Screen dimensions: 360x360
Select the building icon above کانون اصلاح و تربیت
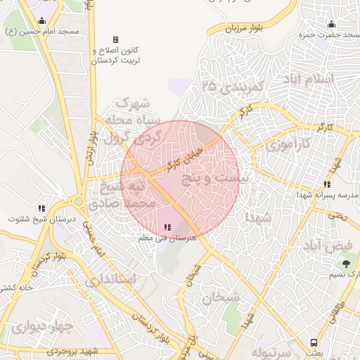[115, 40]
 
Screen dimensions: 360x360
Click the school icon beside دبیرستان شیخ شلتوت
[41, 208]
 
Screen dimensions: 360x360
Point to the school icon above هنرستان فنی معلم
[167, 227]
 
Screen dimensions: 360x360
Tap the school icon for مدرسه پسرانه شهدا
[326, 184]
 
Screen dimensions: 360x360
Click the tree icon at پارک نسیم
[345, 264]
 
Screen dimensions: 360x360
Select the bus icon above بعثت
[313, 342]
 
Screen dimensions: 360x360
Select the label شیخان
[221, 297]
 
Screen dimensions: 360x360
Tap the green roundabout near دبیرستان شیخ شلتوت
[79, 202]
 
